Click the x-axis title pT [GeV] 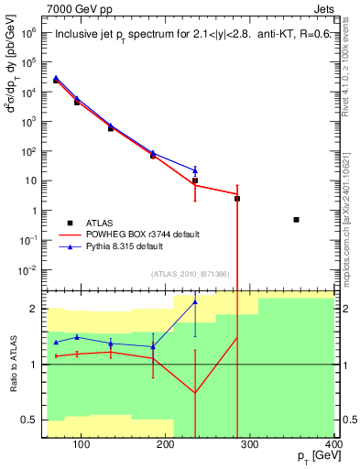tap(311, 457)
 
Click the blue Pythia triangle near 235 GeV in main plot tap(195, 169)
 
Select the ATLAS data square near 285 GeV tap(237, 198)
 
